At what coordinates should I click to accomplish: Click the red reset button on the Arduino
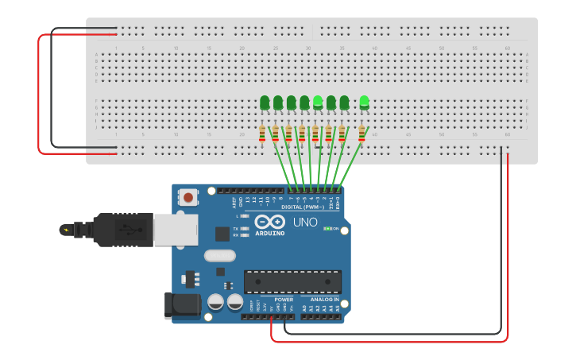click(188, 196)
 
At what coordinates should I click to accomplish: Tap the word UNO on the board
click(306, 223)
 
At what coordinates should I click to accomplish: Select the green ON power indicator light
click(327, 229)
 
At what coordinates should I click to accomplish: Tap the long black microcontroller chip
click(292, 281)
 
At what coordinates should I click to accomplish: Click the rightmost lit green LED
click(364, 102)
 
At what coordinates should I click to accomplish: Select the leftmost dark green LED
click(265, 103)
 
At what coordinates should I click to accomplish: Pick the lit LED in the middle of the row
click(318, 102)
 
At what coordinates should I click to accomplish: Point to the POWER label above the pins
click(284, 300)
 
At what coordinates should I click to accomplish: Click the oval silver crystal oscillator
click(219, 256)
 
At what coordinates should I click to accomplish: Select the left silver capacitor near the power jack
click(215, 302)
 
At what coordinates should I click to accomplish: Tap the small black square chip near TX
click(222, 233)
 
